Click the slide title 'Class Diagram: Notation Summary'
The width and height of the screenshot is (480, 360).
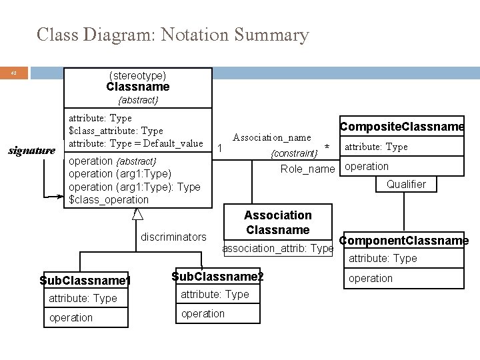point(173,35)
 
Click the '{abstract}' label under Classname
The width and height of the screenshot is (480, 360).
point(137,100)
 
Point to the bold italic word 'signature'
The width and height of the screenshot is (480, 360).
point(31,150)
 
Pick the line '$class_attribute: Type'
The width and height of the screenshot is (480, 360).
point(116,131)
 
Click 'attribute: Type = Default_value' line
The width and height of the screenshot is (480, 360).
point(136,143)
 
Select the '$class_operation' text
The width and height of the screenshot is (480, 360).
point(109,199)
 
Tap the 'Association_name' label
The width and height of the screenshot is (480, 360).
point(271,137)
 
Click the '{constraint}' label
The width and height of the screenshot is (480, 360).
point(294,154)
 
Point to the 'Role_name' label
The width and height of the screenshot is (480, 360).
point(307,169)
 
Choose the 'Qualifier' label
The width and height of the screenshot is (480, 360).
point(406,184)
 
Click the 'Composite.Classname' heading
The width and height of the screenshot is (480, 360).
point(402,127)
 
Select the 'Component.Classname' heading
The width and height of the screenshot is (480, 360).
point(404,241)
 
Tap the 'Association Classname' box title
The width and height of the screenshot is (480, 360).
point(277,223)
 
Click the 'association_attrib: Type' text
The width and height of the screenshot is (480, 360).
point(277,248)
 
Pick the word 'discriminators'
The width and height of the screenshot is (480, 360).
point(173,237)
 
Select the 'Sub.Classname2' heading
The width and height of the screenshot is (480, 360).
point(217,276)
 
